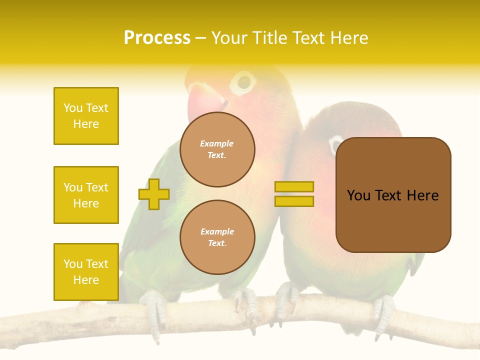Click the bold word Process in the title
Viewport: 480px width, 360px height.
[157, 38]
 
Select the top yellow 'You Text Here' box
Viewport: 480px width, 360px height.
[86, 116]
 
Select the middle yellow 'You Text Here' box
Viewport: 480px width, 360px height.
[86, 195]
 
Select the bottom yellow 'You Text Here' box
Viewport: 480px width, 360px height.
[86, 272]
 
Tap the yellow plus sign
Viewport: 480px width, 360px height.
[154, 194]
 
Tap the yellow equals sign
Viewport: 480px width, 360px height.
[294, 194]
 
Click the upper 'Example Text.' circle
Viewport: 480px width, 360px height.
[217, 149]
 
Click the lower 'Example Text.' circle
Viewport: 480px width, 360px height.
[217, 237]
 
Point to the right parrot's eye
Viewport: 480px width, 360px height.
[333, 145]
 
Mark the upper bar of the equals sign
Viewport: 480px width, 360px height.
[294, 187]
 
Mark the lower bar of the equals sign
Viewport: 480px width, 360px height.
[294, 201]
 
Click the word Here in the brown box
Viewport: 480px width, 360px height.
[422, 195]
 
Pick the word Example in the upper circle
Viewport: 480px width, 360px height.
[217, 143]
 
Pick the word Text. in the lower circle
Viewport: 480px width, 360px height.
[217, 243]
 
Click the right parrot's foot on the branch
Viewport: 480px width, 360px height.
[382, 312]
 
